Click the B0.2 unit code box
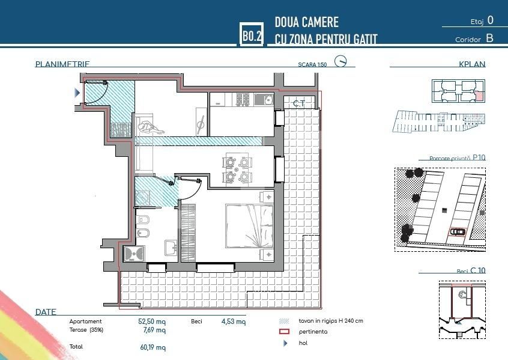[x=251, y=35]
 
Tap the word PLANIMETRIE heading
[x=63, y=64]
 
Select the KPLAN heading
[x=472, y=64]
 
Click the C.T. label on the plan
[x=298, y=103]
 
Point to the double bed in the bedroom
[x=249, y=226]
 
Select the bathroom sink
[x=170, y=246]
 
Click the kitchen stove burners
[x=243, y=100]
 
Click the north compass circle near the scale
[x=341, y=62]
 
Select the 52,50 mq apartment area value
[x=152, y=322]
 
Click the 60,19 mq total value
[x=152, y=347]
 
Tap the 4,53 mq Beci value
[x=234, y=322]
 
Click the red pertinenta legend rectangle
[x=285, y=332]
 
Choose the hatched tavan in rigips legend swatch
[x=285, y=321]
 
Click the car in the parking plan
[x=458, y=231]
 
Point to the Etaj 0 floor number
[x=491, y=20]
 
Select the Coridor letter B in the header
[x=489, y=38]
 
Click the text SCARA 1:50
[x=312, y=64]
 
